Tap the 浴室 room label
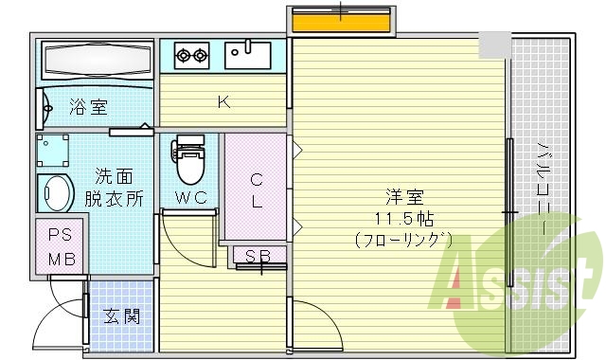(87, 108)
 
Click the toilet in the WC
(190, 162)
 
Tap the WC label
(190, 200)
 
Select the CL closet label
(256, 189)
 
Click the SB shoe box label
(257, 256)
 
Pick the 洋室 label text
(404, 198)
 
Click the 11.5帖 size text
(404, 219)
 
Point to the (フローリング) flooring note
(404, 241)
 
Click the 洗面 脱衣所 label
(118, 188)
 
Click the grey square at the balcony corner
(493, 44)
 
